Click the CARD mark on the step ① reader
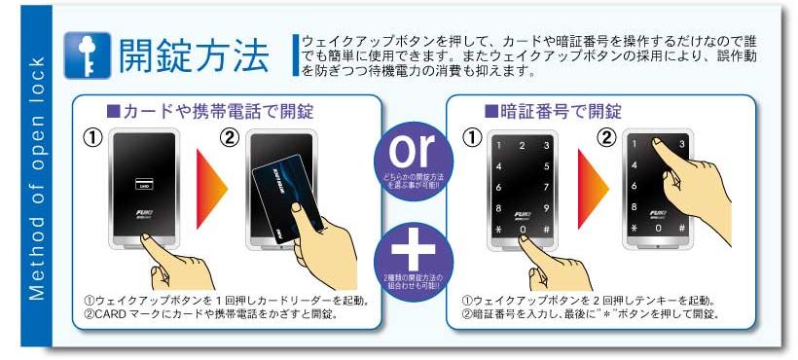[143, 184]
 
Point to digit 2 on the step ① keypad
[524, 145]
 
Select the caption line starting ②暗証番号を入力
[589, 313]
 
